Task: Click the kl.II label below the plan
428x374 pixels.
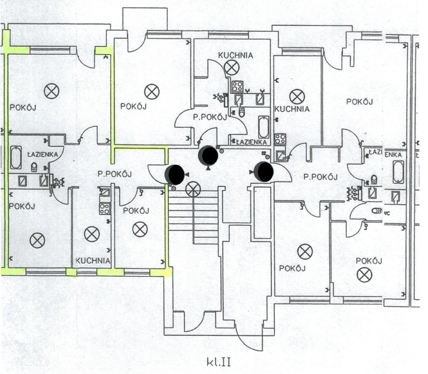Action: (219, 362)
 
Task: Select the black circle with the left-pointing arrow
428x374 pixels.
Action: (174, 173)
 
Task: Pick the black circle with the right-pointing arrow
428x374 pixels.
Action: (264, 171)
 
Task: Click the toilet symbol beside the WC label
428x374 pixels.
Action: (376, 211)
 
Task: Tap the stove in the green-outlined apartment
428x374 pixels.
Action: (105, 209)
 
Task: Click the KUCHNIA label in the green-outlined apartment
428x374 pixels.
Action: (93, 260)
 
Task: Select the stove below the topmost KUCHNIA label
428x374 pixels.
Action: (237, 86)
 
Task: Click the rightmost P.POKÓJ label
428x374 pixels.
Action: (320, 177)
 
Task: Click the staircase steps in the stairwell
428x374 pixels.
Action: (193, 214)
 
